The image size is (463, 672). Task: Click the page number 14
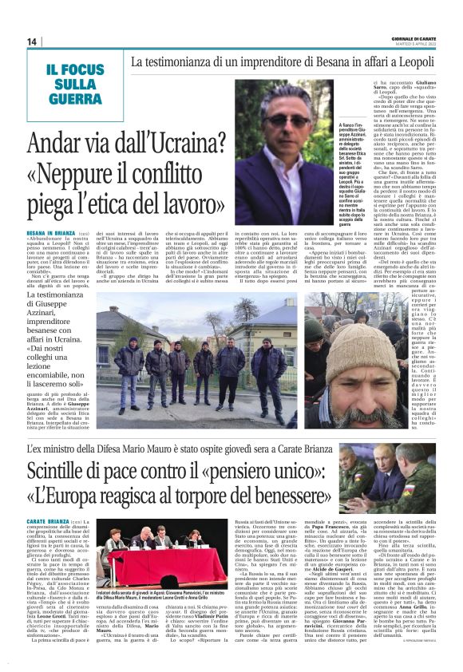coord(33,42)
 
